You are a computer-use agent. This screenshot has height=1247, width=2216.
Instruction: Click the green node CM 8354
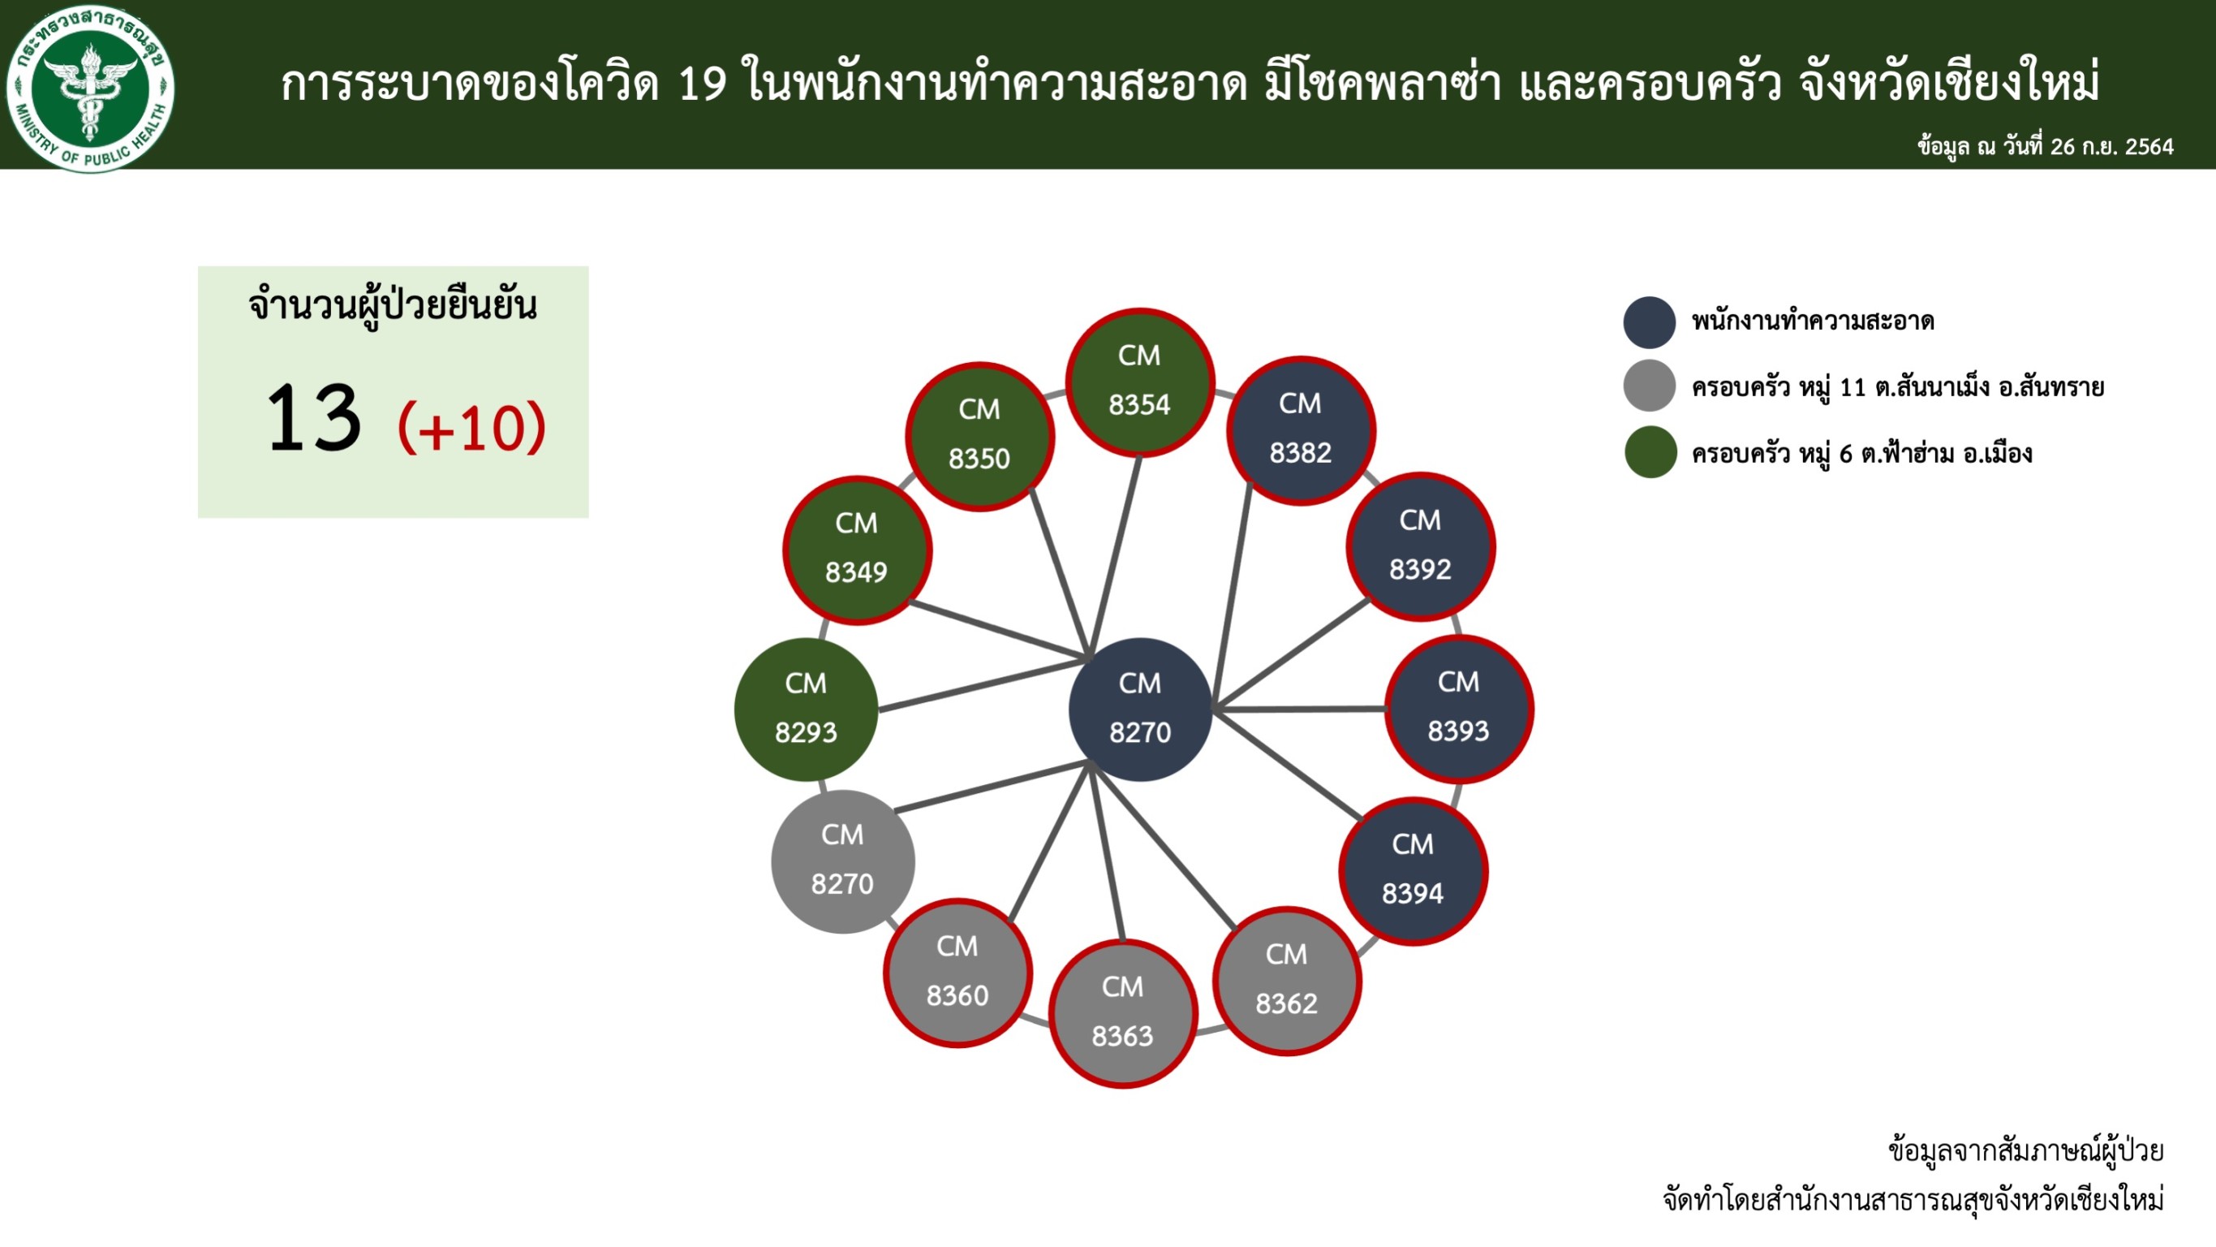1140,382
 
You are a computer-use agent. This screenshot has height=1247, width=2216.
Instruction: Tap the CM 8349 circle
857,550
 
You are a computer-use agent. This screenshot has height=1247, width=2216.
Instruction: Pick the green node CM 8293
806,709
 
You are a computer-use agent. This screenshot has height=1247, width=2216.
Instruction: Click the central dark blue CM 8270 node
1141,709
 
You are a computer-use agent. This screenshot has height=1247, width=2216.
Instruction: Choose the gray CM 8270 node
843,861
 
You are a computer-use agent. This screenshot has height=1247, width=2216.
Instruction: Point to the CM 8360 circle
957,973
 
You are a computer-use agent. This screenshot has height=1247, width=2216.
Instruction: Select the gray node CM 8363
1123,1013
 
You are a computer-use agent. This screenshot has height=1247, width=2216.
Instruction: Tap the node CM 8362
1287,980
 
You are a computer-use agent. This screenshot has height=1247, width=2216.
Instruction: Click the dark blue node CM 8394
1414,871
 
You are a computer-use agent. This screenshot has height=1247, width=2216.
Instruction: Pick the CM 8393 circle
1459,708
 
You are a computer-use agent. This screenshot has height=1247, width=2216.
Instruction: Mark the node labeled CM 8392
1420,546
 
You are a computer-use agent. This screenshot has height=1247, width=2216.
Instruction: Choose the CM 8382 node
1301,429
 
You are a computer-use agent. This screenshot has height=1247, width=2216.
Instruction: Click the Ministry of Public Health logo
90,87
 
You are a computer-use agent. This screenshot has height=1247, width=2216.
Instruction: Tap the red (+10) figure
471,427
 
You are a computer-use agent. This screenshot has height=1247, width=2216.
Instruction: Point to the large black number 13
313,417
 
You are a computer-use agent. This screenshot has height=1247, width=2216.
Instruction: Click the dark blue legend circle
1650,321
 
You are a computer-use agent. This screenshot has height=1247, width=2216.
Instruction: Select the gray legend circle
1650,386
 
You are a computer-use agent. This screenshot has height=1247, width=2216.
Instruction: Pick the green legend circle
1650,452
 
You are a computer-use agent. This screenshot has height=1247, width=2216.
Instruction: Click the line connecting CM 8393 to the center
1299,709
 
